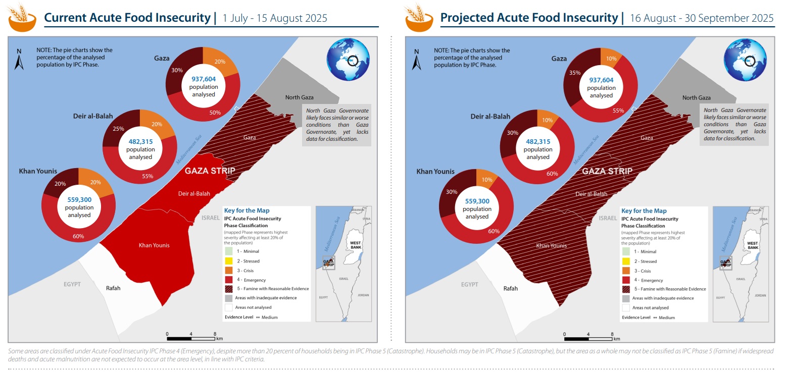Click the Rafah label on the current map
click(x=113, y=288)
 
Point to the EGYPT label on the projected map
click(x=469, y=284)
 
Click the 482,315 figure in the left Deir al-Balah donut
click(x=140, y=142)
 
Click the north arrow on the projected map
click(x=416, y=60)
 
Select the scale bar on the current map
click(x=191, y=337)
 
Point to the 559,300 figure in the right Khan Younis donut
click(x=477, y=201)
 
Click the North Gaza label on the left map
click(x=300, y=97)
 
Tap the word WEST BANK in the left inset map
click(x=355, y=245)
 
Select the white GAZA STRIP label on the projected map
click(x=607, y=171)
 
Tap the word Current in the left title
click(x=64, y=18)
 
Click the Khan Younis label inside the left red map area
click(x=154, y=245)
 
